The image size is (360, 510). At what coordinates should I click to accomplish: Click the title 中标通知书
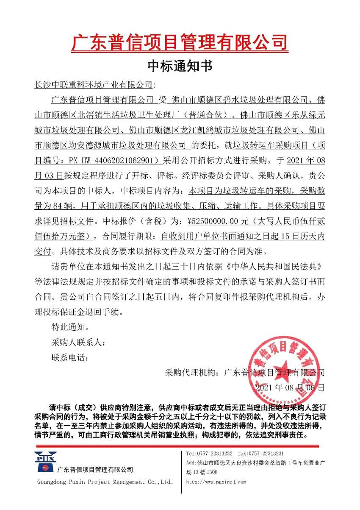pyautogui.click(x=180, y=66)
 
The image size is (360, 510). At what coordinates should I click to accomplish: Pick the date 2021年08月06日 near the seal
pyautogui.click(x=291, y=387)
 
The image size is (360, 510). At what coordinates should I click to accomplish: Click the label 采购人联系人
pyautogui.click(x=76, y=342)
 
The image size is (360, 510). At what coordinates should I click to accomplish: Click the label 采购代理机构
pyautogui.click(x=192, y=373)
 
